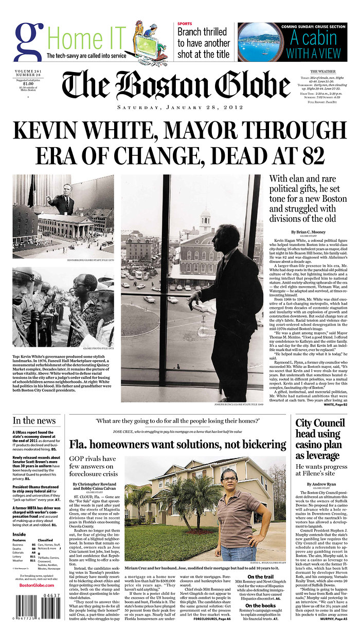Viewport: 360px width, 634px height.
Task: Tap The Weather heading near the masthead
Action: coord(323,71)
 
